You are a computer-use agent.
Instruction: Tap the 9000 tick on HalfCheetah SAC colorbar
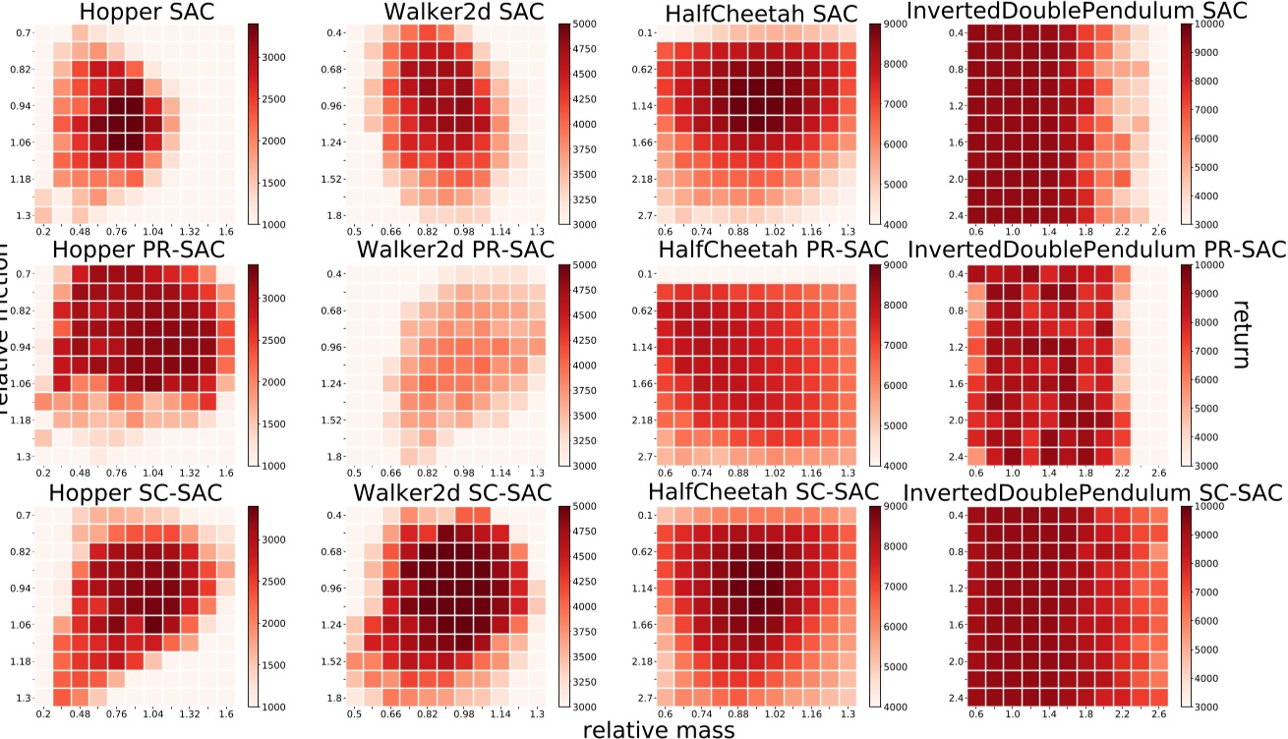[x=899, y=25]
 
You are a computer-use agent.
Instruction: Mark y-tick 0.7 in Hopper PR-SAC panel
[x=22, y=274]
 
